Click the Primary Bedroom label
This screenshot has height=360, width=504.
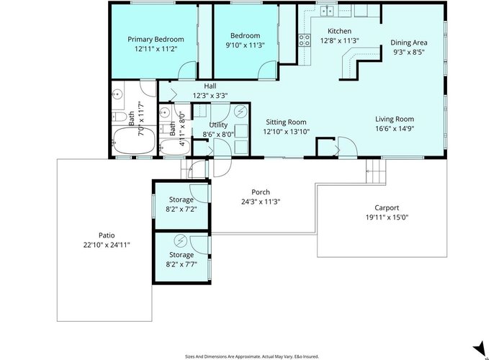click(156, 39)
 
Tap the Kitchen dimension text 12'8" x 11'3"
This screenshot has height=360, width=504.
click(339, 40)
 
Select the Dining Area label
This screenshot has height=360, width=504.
click(409, 42)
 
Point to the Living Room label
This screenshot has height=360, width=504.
click(395, 119)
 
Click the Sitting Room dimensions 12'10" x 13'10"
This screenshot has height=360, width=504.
click(286, 131)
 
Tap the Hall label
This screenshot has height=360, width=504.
click(210, 86)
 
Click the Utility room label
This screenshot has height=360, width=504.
click(218, 125)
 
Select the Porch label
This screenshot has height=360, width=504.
click(261, 192)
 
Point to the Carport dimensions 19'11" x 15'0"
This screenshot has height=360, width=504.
click(387, 217)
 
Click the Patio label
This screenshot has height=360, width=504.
click(107, 235)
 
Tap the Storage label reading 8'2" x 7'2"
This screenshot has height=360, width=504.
click(181, 199)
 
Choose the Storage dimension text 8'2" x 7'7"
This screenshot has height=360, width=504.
click(181, 264)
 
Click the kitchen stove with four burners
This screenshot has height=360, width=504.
click(305, 40)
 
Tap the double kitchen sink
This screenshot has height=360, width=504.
click(327, 12)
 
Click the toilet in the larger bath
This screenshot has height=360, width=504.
click(119, 117)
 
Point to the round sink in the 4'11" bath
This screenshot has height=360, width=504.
click(165, 113)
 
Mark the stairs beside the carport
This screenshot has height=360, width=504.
click(376, 171)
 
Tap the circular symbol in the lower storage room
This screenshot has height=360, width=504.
click(180, 240)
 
